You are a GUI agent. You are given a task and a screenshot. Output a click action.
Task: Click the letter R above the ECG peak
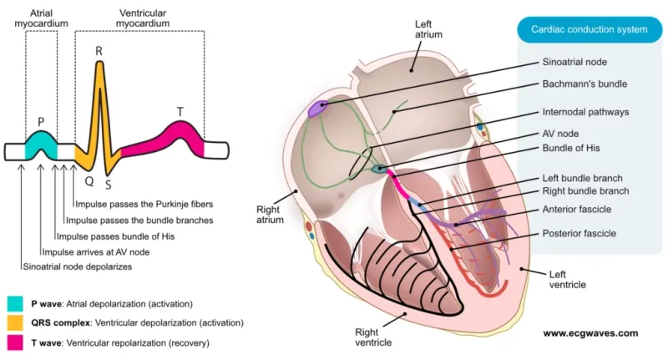coord(99,52)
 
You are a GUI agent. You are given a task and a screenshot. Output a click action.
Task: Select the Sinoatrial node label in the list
coord(574,62)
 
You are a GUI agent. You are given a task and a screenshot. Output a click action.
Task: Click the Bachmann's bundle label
coord(584,84)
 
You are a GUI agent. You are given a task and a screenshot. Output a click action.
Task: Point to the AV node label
coord(561,134)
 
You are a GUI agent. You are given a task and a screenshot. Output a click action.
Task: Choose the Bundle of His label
coord(572,149)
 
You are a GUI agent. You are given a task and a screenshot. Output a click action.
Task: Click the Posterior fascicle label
coord(579,233)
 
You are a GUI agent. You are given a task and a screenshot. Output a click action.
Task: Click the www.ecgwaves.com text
coord(590,333)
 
